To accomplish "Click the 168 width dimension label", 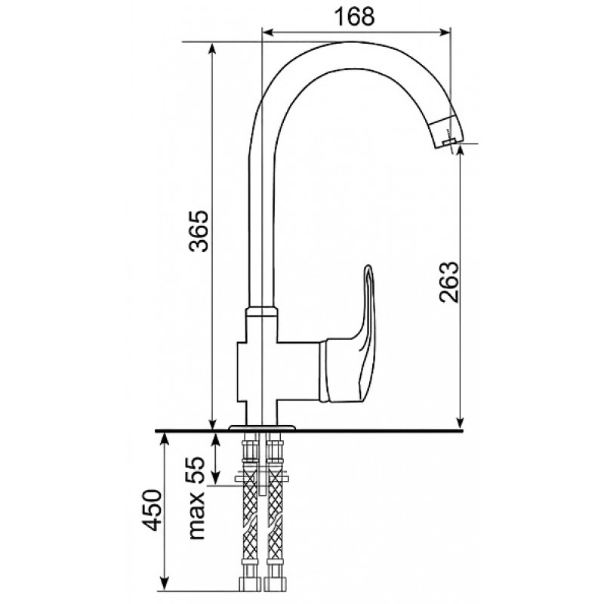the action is [x=354, y=17].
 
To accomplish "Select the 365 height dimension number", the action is [x=199, y=231].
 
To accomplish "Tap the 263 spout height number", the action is [x=449, y=282].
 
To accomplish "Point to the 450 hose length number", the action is [x=152, y=510].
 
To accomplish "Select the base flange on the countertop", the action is [x=262, y=427].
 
